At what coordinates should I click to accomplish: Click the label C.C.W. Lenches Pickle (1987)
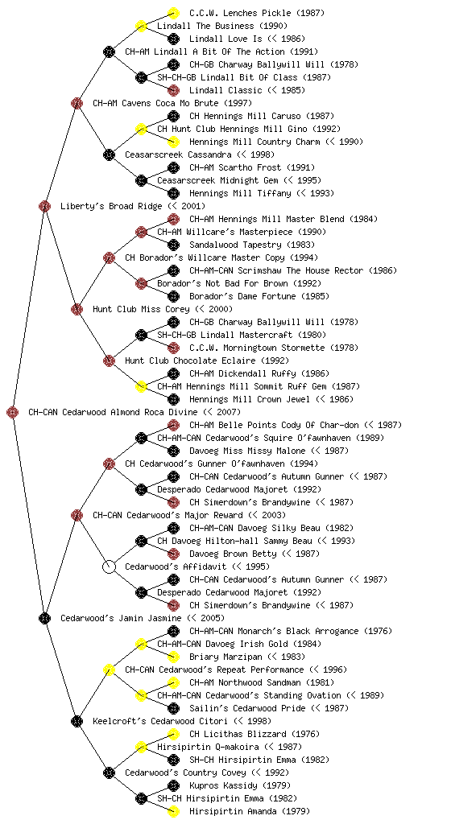pyautogui.click(x=257, y=13)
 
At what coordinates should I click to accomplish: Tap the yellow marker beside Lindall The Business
pyautogui.click(x=141, y=26)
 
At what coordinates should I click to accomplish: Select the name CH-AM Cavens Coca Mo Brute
pyautogui.click(x=172, y=103)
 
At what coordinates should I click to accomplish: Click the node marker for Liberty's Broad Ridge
pyautogui.click(x=44, y=206)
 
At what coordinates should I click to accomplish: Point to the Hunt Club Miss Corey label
pyautogui.click(x=163, y=309)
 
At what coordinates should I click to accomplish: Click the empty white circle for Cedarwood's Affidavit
pyautogui.click(x=109, y=566)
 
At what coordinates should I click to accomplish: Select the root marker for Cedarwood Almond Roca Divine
pyautogui.click(x=13, y=412)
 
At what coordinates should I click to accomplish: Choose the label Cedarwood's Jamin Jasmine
pyautogui.click(x=143, y=618)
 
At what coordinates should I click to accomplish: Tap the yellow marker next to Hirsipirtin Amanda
pyautogui.click(x=173, y=811)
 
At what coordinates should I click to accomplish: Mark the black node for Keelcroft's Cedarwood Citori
pyautogui.click(x=77, y=721)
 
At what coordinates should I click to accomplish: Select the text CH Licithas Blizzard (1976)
pyautogui.click(x=254, y=734)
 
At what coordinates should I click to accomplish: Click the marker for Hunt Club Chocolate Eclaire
pyautogui.click(x=109, y=360)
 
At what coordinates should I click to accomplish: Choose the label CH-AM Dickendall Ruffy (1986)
pyautogui.click(x=259, y=373)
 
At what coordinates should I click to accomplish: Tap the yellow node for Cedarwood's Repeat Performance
pyautogui.click(x=109, y=669)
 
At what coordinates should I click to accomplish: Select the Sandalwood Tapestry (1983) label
pyautogui.click(x=252, y=245)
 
